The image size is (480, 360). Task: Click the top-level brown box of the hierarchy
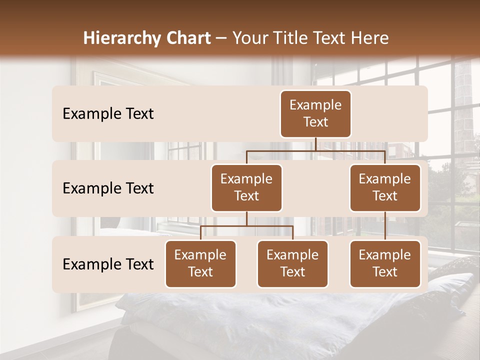coord(315,114)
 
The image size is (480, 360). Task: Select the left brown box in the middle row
coord(246,188)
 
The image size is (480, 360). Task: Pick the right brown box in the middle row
coord(385,188)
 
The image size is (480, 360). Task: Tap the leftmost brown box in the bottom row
coord(200,264)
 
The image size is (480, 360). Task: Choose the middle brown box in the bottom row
coord(292,264)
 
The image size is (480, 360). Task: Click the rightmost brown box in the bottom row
coord(385,264)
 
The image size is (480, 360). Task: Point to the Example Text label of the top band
coord(108,114)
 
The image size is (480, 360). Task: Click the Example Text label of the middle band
coord(108,188)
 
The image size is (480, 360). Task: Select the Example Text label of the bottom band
coord(108,264)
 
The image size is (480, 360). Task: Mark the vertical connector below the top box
coord(315,144)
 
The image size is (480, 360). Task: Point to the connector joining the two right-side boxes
coord(385,226)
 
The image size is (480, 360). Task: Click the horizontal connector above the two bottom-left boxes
coord(246,226)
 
